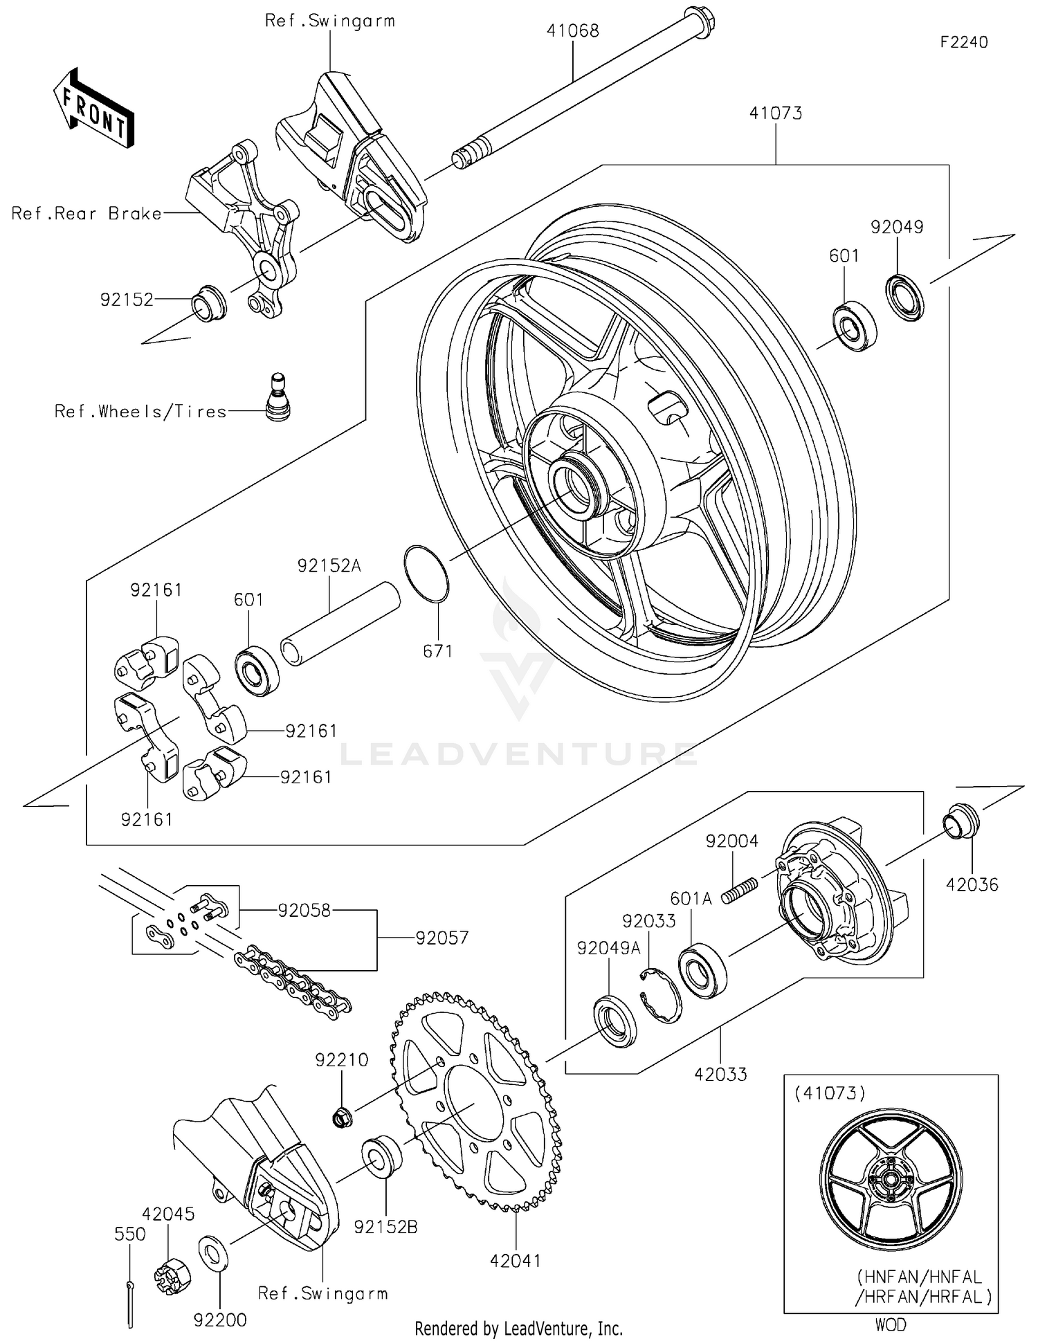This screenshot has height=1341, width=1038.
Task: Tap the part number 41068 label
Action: click(x=572, y=30)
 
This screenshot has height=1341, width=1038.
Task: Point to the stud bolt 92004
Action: click(x=740, y=889)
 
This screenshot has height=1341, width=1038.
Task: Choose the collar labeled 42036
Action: click(x=960, y=821)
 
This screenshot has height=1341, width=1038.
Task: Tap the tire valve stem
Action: click(x=278, y=398)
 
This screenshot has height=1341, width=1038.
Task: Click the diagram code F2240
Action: click(x=963, y=42)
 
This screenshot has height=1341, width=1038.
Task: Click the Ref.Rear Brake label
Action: click(x=86, y=213)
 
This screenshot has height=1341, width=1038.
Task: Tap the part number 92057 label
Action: click(x=441, y=938)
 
